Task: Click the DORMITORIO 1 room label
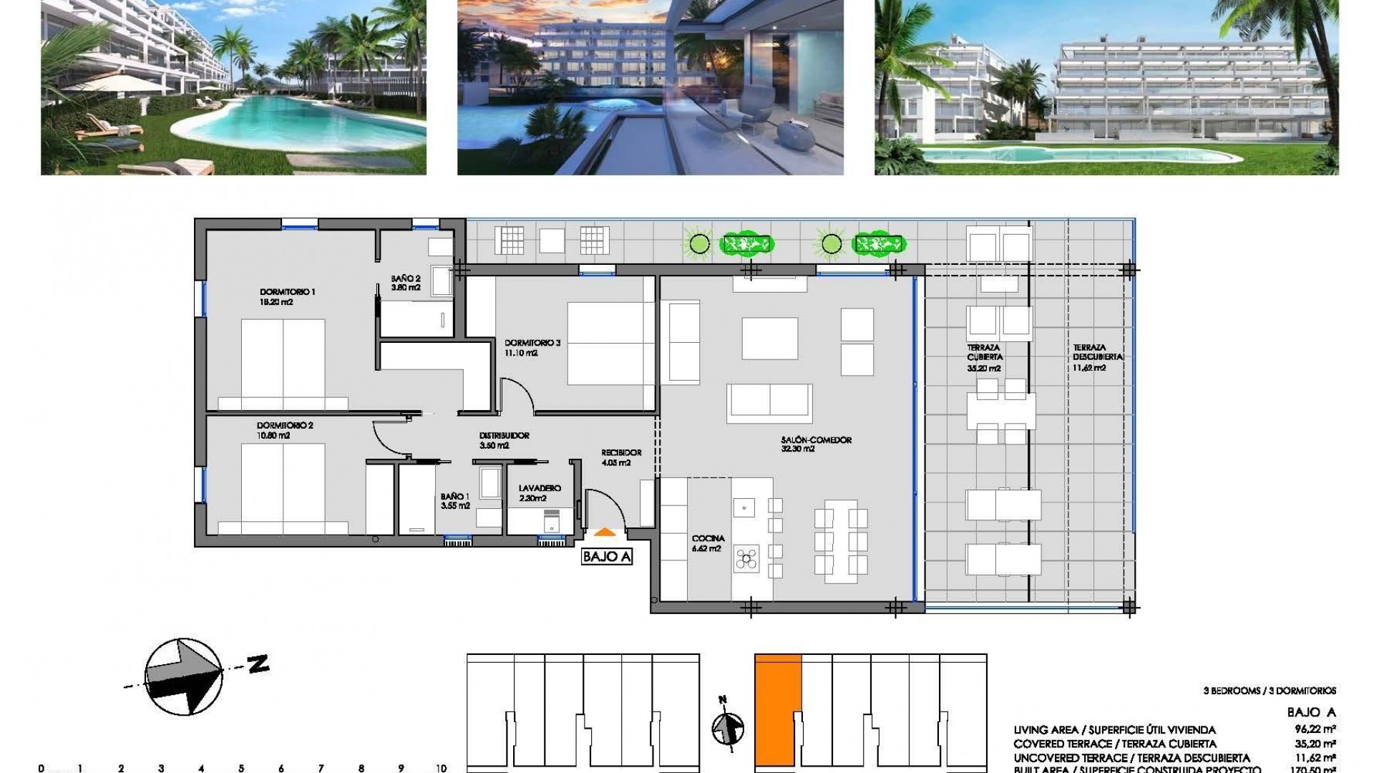(287, 292)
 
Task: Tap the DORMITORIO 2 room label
(285, 425)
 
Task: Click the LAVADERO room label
(540, 488)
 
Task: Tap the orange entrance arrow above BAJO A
(605, 532)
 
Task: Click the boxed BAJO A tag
(607, 557)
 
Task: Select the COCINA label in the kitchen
(708, 538)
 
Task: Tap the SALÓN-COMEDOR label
(817, 440)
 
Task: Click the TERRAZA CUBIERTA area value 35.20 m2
(983, 369)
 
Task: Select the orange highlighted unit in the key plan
(777, 709)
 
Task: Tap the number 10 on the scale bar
(441, 768)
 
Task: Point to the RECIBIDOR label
(620, 452)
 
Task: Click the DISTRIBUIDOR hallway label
(504, 435)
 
